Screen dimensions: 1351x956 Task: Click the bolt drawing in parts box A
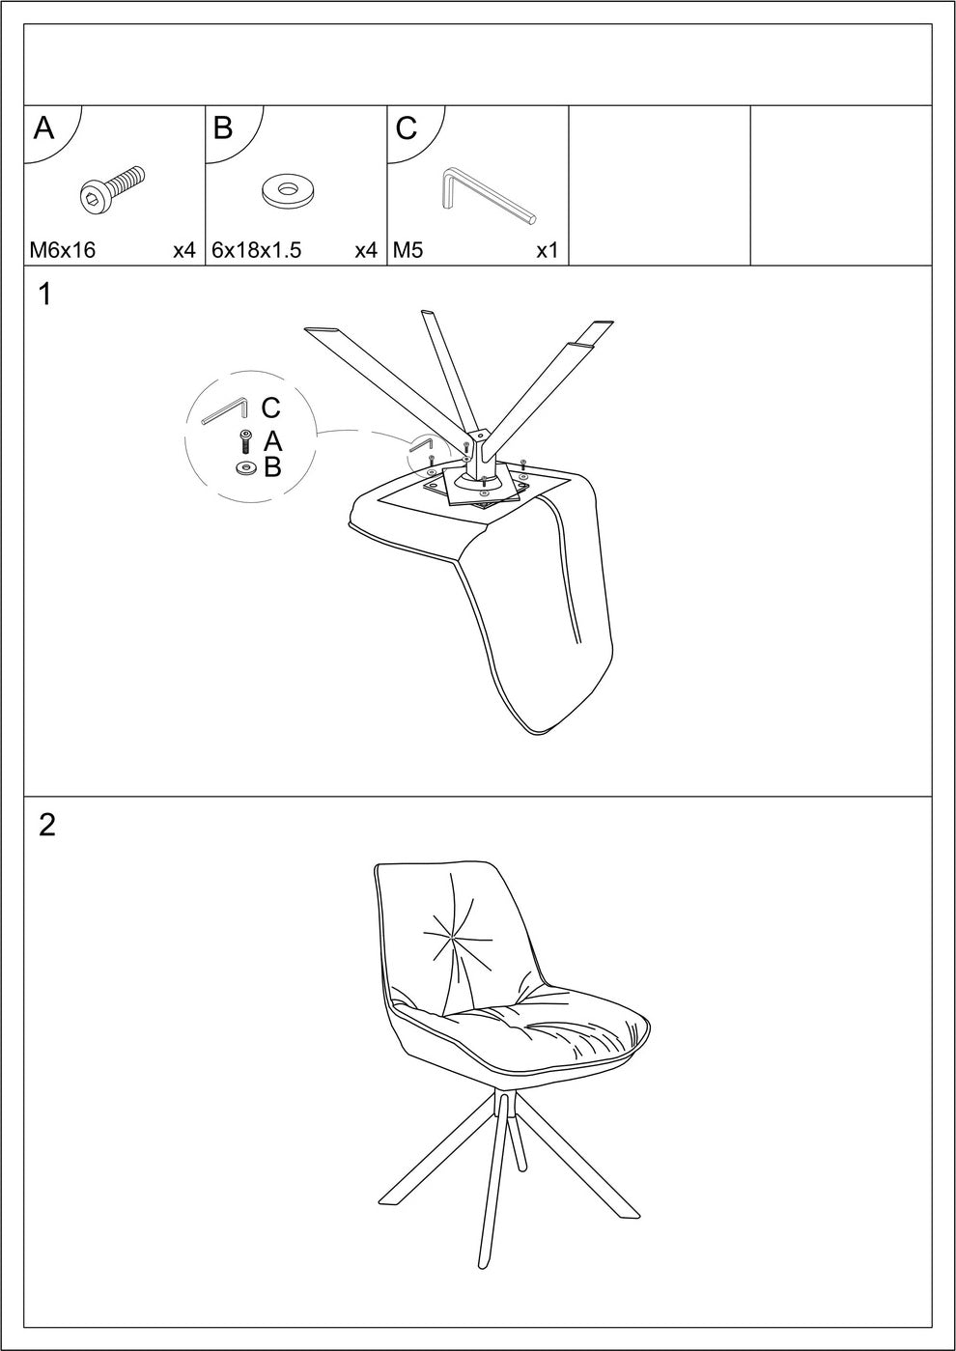click(x=112, y=188)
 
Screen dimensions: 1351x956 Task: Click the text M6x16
click(x=63, y=250)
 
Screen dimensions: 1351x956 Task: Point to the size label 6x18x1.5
click(x=256, y=250)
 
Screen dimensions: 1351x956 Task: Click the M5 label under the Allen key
click(x=408, y=250)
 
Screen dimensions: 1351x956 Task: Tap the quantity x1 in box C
click(x=548, y=250)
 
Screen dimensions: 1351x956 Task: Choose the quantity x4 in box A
click(x=183, y=250)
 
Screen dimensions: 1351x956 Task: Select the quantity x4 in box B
click(x=365, y=250)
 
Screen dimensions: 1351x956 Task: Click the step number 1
click(x=45, y=295)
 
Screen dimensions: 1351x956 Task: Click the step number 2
click(x=47, y=826)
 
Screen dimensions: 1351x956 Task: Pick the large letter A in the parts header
click(x=43, y=128)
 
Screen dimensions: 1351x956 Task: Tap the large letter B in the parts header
click(x=223, y=128)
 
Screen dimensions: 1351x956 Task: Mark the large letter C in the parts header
click(x=407, y=128)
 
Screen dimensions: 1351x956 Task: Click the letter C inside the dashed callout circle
click(x=270, y=408)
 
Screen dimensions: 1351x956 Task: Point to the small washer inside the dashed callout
click(x=246, y=468)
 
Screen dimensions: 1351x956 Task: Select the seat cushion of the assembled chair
click(x=541, y=1028)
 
